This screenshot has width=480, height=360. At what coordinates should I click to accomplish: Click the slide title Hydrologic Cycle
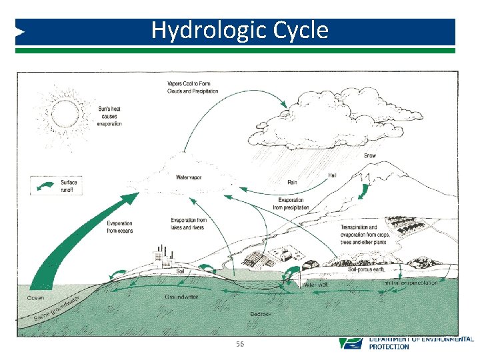[x=239, y=31]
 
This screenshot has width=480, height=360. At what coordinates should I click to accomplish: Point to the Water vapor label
[x=189, y=177]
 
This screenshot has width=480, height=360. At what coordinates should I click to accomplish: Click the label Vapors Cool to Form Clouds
[x=193, y=87]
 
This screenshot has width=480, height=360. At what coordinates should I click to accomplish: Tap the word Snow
[x=370, y=155]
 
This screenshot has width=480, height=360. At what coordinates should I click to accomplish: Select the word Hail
[x=332, y=175]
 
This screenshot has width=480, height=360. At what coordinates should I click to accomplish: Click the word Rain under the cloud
[x=292, y=182]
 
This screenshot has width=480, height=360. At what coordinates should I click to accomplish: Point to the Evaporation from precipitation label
[x=288, y=204]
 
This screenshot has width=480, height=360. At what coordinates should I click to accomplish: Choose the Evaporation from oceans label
[x=120, y=227]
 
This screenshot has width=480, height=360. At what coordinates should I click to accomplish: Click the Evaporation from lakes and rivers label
[x=189, y=224]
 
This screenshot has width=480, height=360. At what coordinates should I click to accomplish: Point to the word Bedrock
[x=260, y=313]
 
